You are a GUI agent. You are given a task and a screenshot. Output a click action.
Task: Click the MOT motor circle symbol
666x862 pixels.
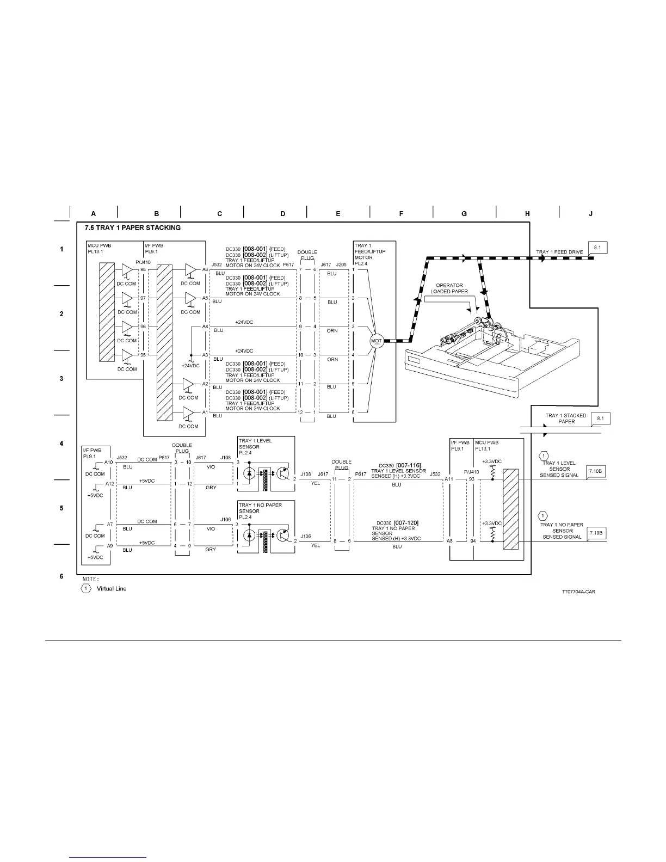(376, 341)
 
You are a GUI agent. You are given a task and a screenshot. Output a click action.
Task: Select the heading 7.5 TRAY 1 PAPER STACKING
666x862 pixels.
(133, 227)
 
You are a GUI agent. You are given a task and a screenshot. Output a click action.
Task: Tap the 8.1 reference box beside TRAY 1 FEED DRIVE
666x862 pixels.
(597, 248)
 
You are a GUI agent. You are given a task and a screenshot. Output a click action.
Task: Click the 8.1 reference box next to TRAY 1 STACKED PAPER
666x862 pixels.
(601, 418)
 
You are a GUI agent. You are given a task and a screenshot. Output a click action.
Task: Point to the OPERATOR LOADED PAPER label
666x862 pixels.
(449, 288)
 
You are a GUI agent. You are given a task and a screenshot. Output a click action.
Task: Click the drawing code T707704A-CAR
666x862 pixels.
(578, 592)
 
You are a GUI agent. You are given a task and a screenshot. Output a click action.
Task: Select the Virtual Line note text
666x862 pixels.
(112, 588)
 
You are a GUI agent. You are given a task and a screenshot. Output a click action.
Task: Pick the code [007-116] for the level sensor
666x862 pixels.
(408, 465)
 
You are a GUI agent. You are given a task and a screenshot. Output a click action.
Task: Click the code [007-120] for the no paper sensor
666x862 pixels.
(406, 522)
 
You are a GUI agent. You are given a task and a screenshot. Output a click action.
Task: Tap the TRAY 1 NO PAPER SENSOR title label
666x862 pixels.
(260, 508)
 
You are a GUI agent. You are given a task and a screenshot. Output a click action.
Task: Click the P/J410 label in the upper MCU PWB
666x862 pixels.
(143, 262)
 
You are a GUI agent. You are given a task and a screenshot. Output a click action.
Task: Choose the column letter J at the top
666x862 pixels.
(590, 214)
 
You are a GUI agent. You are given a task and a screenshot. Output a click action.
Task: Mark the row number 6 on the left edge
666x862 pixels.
(61, 576)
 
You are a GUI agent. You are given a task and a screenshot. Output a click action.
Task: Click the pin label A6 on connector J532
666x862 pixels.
(205, 269)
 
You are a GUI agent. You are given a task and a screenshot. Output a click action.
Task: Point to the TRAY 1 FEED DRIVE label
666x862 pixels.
(559, 252)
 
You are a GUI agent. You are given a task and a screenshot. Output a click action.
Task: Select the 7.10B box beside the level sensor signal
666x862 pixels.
(596, 471)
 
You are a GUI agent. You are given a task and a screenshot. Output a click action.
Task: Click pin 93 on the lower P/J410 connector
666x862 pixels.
(472, 479)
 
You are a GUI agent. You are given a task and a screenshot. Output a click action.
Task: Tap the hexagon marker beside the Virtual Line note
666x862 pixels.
(86, 588)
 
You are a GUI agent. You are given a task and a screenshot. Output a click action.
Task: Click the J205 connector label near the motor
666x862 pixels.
(341, 264)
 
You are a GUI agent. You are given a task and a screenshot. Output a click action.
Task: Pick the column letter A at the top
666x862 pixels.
(94, 214)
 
